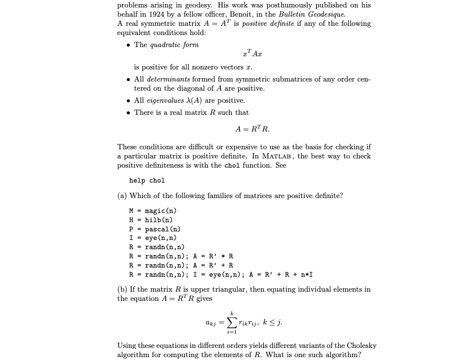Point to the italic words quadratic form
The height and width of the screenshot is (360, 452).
pyautogui.click(x=174, y=45)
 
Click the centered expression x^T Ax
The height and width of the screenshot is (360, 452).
pyautogui.click(x=244, y=55)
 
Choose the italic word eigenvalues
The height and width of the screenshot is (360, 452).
pyautogui.click(x=167, y=100)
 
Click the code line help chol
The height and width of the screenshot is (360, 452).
pyautogui.click(x=147, y=180)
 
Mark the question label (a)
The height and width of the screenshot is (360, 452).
pyautogui.click(x=122, y=196)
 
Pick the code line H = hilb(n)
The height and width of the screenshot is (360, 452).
pyautogui.click(x=150, y=219)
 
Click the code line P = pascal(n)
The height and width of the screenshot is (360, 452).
pyautogui.click(x=154, y=229)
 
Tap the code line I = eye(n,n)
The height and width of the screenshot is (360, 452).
pyautogui.click(x=152, y=238)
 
